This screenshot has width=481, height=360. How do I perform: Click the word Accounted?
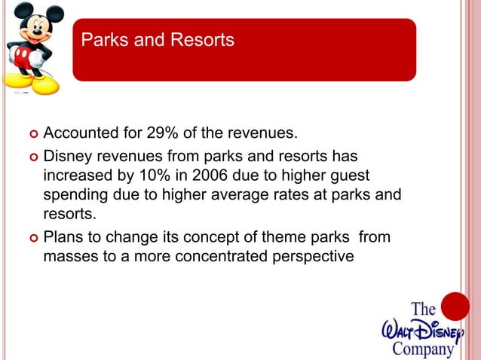point(79,134)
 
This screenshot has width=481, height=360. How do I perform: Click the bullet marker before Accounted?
point(32,135)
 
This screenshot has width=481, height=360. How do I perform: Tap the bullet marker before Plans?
point(32,239)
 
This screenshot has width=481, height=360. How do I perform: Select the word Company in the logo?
point(423,349)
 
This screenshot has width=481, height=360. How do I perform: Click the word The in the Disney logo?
point(424,310)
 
